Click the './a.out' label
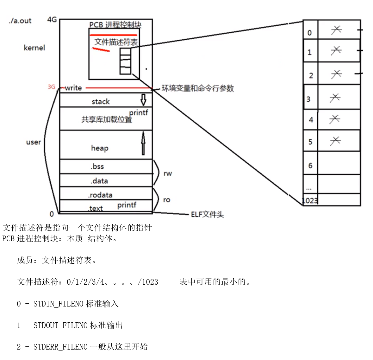[20, 21]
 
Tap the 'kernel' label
[34, 48]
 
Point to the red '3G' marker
[51, 87]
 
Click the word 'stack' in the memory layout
[101, 102]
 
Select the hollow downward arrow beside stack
[143, 100]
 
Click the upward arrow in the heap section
[143, 143]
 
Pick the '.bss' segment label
[97, 167]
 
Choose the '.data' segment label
[99, 181]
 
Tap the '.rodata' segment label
[100, 195]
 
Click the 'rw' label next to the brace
[168, 174]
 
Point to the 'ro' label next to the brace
[167, 200]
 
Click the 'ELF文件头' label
[207, 215]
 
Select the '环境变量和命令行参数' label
[198, 88]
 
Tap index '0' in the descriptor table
[310, 33]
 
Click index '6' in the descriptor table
[310, 166]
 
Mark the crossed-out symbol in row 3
[335, 98]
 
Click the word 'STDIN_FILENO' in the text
[59, 304]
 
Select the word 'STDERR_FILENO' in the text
[60, 347]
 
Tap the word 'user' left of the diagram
[34, 142]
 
